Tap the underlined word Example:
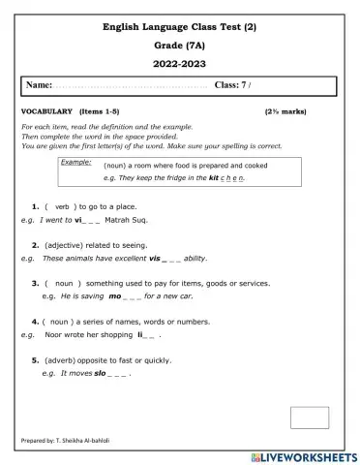(x=75, y=162)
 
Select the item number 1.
(x=35, y=207)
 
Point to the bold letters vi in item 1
(x=78, y=221)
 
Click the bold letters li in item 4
(x=141, y=334)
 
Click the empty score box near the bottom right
(x=309, y=418)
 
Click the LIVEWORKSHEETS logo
(x=304, y=455)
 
